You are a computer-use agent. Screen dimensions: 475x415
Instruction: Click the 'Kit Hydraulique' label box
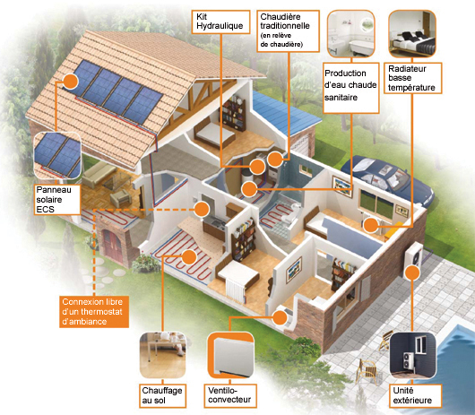point(220,22)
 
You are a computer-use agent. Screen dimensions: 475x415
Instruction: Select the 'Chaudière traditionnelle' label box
point(288,31)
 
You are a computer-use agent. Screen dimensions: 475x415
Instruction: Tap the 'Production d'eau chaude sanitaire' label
point(351,88)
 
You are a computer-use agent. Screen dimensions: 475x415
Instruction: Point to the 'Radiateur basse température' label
point(412,78)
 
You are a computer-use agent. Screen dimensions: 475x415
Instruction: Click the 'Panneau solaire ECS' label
point(57,200)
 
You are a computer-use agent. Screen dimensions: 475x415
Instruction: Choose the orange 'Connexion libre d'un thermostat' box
point(94,312)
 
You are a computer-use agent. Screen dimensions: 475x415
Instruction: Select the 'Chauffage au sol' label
point(163,395)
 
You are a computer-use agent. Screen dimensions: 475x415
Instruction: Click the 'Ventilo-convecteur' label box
point(230,395)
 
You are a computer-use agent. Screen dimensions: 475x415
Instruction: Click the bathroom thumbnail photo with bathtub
point(351,34)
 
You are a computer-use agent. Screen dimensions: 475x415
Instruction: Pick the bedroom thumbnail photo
point(412,34)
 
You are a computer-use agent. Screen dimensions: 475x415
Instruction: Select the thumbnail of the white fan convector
point(230,355)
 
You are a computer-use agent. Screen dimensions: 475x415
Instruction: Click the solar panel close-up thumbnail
point(57,155)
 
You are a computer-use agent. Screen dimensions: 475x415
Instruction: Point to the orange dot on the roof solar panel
point(70,82)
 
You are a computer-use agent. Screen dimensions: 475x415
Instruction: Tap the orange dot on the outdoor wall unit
point(412,272)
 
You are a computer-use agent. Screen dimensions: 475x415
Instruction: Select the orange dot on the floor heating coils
point(189,257)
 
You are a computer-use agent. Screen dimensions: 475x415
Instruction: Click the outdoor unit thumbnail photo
point(412,355)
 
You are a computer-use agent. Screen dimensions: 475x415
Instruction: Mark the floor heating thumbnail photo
point(163,355)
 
